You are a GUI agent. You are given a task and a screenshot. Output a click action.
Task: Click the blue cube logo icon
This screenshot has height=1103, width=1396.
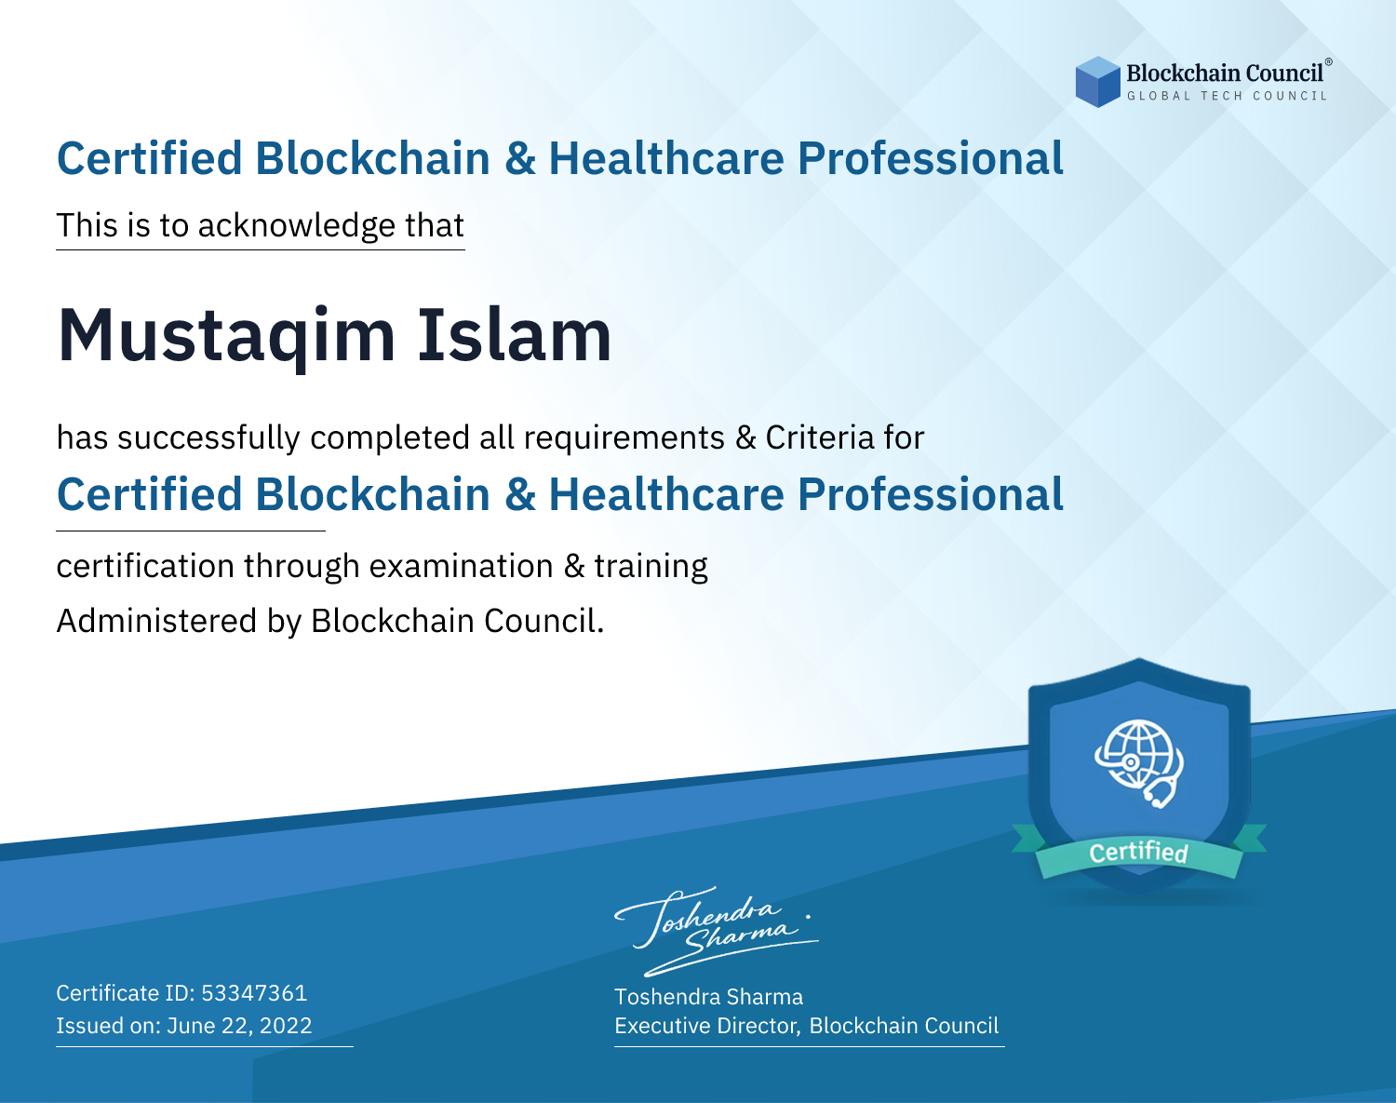coord(1097,82)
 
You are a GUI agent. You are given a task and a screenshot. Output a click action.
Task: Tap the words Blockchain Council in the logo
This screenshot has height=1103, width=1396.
coord(1225,74)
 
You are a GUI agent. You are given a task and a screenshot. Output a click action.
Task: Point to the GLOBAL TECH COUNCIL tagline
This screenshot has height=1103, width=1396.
coord(1227,96)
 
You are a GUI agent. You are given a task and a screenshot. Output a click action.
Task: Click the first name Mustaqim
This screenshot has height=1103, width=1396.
coord(226,336)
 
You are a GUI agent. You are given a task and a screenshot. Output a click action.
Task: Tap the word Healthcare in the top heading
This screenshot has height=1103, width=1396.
coord(666,158)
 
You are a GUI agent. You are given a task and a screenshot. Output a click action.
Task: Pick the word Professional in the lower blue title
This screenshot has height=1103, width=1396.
coord(931,494)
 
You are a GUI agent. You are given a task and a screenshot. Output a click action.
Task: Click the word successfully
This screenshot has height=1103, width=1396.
coord(208,438)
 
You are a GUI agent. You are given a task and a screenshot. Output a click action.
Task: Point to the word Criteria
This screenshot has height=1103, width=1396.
coord(819,437)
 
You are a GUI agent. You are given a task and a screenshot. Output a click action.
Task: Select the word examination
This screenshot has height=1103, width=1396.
coord(461,566)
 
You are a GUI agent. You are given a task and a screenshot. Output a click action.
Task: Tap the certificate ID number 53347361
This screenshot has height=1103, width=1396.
coord(254,993)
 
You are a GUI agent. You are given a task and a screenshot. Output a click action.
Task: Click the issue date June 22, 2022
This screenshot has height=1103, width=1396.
coord(239,1026)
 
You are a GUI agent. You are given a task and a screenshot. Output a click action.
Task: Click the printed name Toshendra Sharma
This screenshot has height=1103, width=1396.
coord(708,997)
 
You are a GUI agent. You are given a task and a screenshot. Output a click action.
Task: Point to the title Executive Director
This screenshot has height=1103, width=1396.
coord(706,1026)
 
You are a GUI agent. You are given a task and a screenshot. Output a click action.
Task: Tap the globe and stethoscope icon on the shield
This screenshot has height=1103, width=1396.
coord(1139,763)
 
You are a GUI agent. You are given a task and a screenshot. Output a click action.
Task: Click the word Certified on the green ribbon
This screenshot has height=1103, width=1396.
coord(1138,852)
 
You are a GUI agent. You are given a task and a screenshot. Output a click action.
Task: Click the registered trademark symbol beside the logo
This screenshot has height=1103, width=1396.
coord(1329,61)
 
